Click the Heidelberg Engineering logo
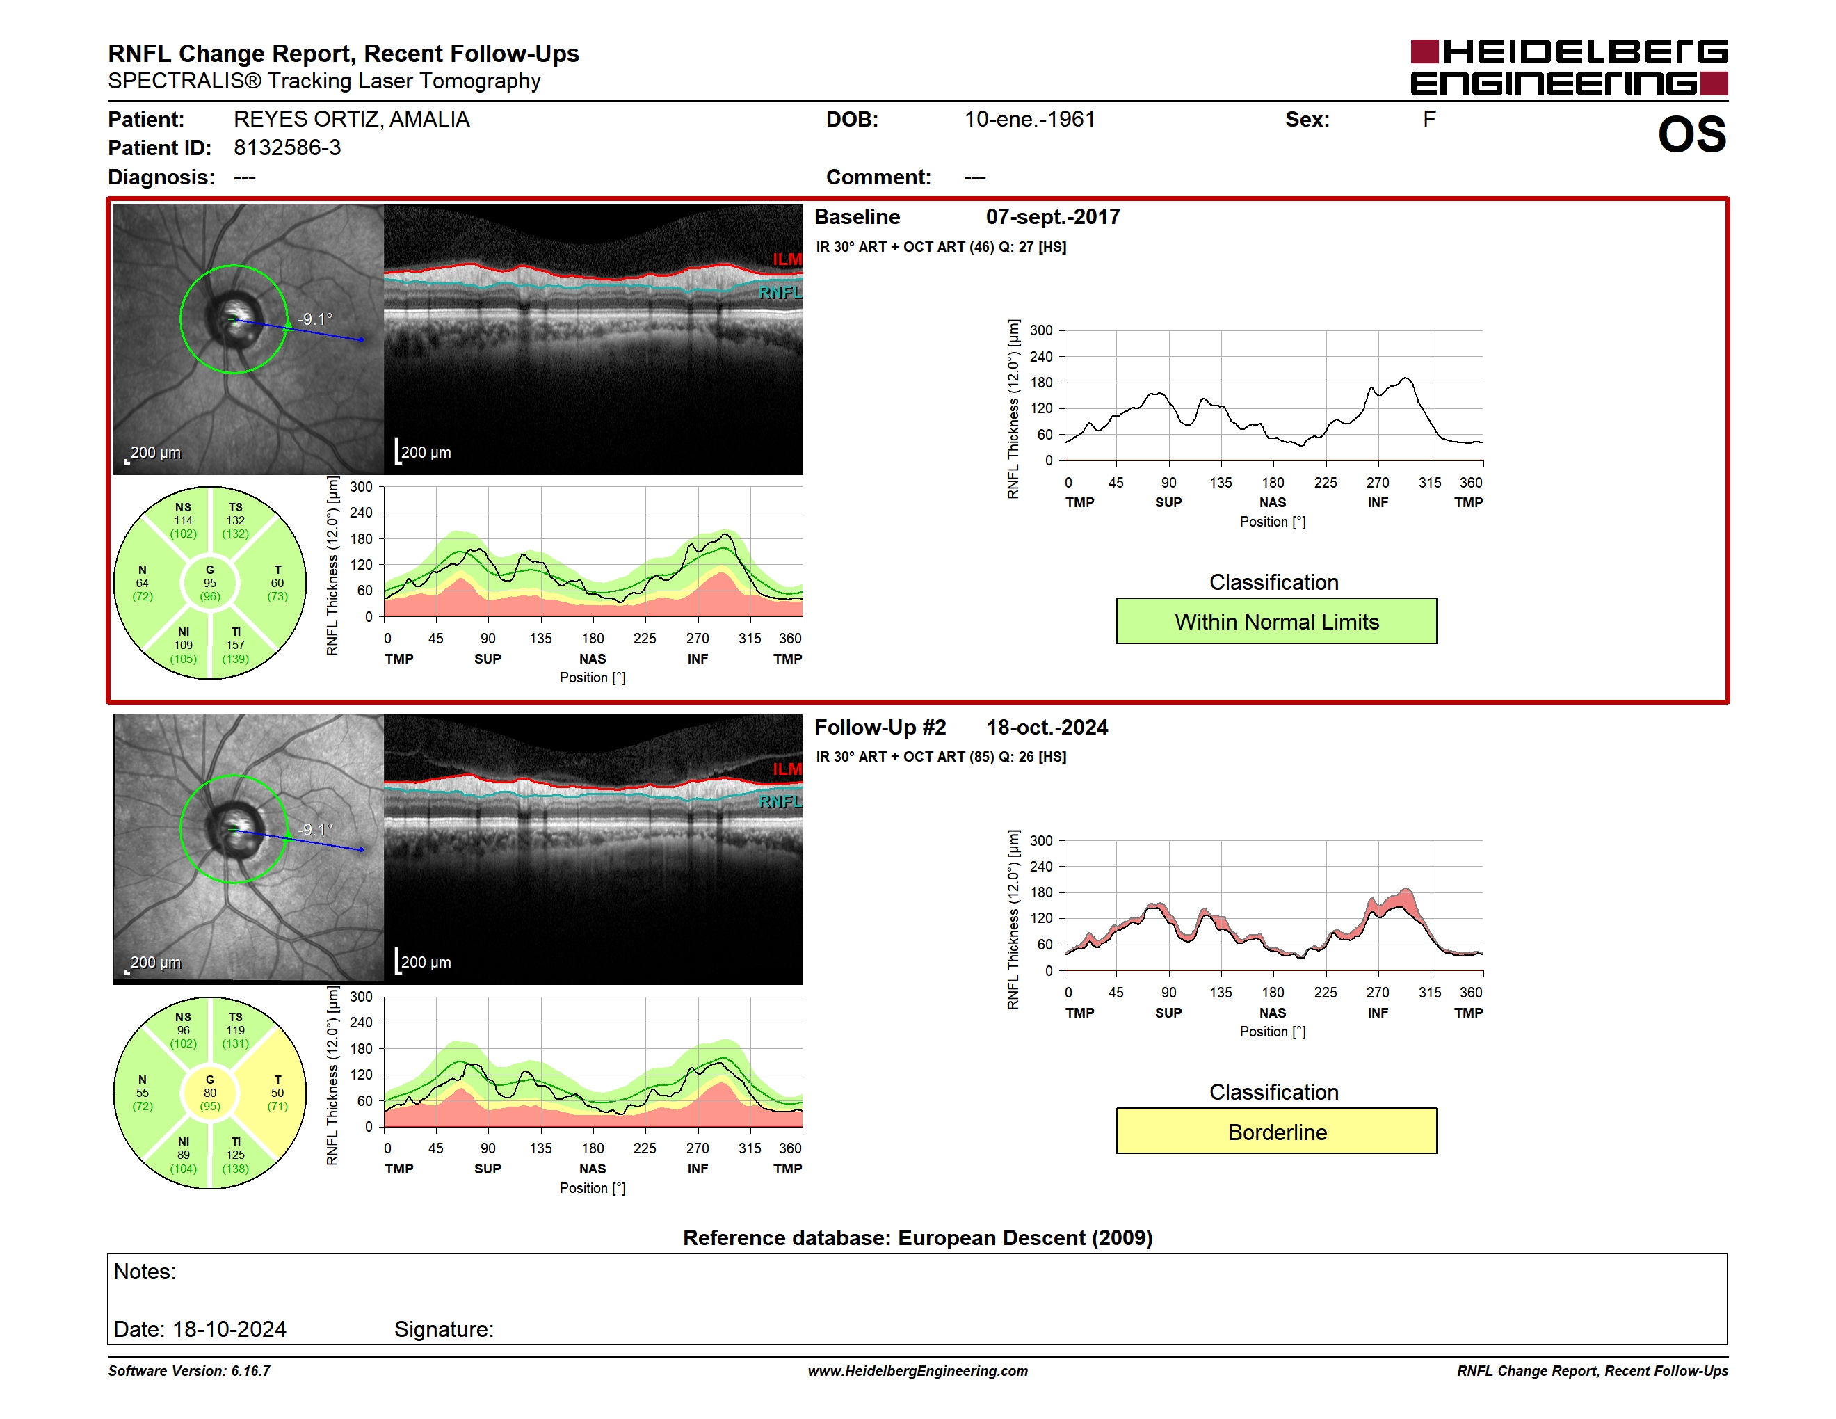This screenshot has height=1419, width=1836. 1569,67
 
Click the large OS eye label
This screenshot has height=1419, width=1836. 1691,134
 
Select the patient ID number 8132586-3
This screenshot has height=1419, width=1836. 287,148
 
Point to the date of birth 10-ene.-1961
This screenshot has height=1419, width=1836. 1030,120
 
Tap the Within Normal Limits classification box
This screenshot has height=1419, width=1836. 1276,621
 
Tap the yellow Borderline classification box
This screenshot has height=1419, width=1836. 1276,1132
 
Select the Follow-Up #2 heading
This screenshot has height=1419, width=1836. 880,727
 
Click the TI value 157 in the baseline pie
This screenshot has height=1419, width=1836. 235,645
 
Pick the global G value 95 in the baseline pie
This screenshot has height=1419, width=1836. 210,583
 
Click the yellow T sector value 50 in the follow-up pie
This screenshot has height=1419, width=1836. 277,1093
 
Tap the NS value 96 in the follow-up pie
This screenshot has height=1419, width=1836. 184,1029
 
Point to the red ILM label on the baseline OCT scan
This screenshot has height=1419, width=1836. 788,259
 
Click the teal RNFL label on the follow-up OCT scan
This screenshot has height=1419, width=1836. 780,801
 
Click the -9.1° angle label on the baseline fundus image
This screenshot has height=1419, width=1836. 315,319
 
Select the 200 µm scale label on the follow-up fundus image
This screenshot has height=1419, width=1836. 156,963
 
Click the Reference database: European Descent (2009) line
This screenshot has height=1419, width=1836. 917,1237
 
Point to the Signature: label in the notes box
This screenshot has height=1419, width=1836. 444,1329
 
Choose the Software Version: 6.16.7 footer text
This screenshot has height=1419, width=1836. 189,1371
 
